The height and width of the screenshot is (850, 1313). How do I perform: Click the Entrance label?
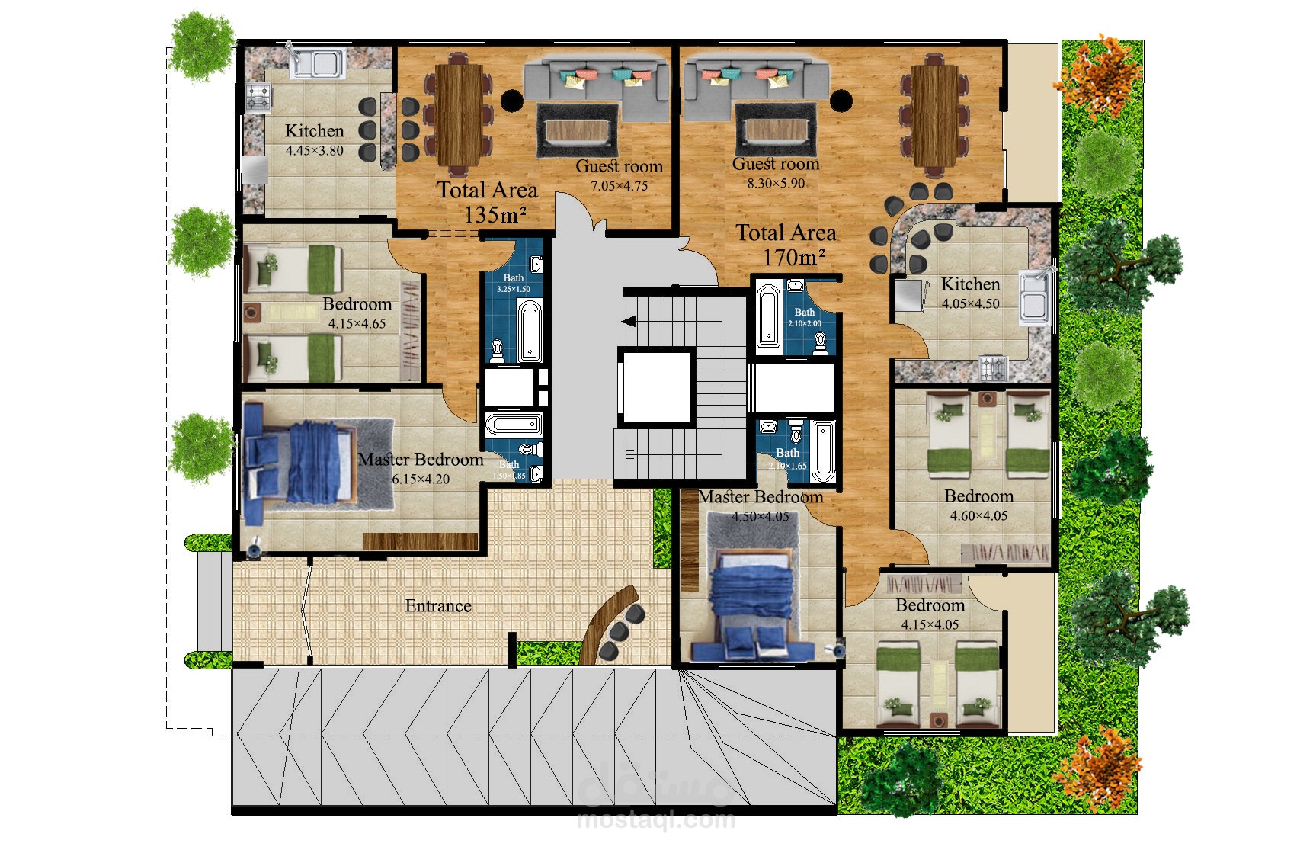437,606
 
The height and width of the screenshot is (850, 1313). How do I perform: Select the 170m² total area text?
793,258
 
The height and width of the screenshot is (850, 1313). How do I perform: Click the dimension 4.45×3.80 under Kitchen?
314,151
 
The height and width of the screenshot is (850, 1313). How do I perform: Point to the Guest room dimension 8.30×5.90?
776,184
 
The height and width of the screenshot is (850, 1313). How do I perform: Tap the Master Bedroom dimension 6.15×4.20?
421,480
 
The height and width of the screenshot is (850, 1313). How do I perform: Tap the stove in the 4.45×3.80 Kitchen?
258,98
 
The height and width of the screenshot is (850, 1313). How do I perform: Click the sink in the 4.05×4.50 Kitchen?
1036,296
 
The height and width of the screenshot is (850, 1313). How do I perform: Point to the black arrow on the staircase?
629,322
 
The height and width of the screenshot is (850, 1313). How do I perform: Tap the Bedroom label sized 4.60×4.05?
978,496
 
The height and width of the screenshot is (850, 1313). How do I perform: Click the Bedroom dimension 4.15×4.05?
930,625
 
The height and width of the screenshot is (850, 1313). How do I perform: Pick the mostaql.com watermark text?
656,820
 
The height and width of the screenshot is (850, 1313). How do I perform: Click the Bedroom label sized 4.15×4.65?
357,304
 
